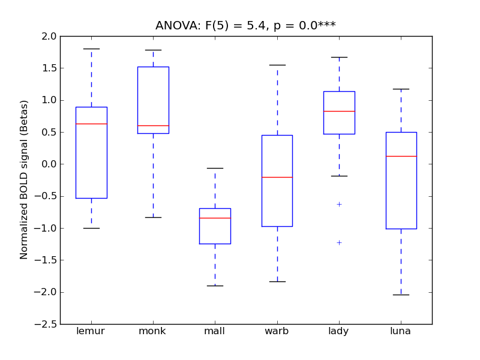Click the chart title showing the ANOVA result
pyautogui.click(x=245, y=25)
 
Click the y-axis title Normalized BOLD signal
pyautogui.click(x=24, y=180)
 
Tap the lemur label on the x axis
pyautogui.click(x=91, y=331)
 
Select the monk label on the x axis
pyautogui.click(x=152, y=331)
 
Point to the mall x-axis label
pyautogui.click(x=215, y=331)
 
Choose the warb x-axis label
pyautogui.click(x=277, y=331)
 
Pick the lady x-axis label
pyautogui.click(x=338, y=331)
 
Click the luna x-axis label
pyautogui.click(x=401, y=331)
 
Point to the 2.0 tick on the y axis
pyautogui.click(x=49, y=36)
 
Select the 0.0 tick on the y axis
pyautogui.click(x=49, y=164)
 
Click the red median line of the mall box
pyautogui.click(x=215, y=218)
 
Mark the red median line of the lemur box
pyautogui.click(x=91, y=124)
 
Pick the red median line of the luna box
pyautogui.click(x=401, y=156)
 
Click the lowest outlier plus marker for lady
pyautogui.click(x=339, y=242)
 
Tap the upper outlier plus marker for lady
pyautogui.click(x=339, y=204)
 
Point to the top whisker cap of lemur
pyautogui.click(x=91, y=49)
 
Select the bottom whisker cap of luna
pyautogui.click(x=401, y=295)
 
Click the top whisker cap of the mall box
pyautogui.click(x=215, y=168)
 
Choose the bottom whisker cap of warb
pyautogui.click(x=277, y=281)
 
